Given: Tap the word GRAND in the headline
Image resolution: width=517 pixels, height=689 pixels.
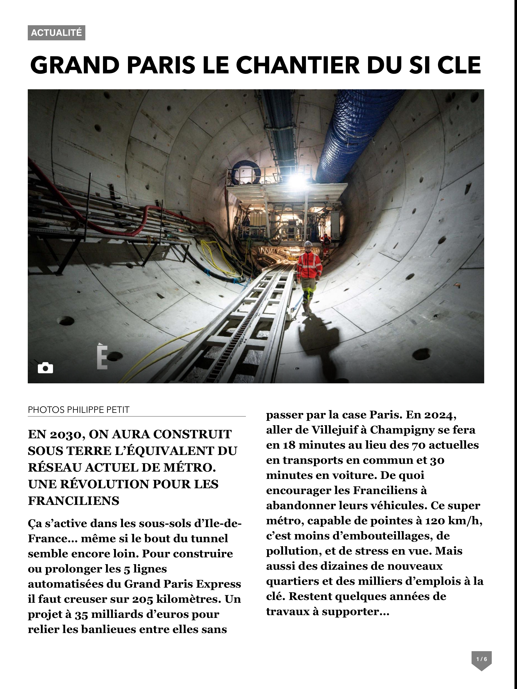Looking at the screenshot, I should (x=75, y=65).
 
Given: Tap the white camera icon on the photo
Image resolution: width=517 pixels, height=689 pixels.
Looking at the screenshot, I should (x=45, y=368).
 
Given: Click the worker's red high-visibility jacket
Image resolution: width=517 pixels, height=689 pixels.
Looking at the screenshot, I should (x=309, y=265).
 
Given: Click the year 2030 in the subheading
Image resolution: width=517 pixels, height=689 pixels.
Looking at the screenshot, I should (x=65, y=434).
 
